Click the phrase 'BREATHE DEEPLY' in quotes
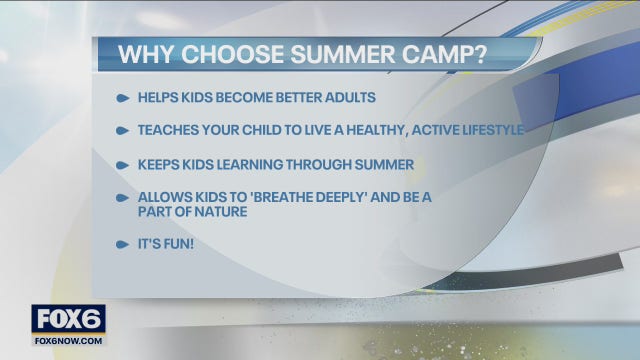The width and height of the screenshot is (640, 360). coord(305,197)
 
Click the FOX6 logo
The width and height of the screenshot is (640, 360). coord(68,318)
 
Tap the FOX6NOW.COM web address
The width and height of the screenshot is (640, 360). coord(68,339)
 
